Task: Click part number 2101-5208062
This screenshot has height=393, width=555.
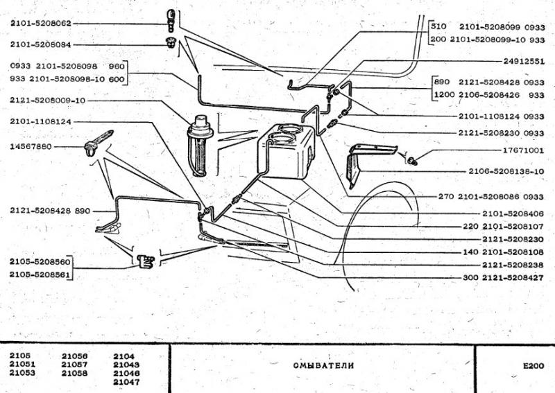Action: click(x=41, y=24)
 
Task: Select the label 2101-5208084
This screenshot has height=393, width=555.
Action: click(x=41, y=44)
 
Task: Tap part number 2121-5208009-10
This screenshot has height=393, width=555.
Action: click(x=48, y=101)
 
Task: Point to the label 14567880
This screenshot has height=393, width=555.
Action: click(x=31, y=146)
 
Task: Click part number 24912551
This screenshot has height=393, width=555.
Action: click(x=524, y=61)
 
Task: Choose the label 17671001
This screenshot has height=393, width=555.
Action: click(x=523, y=150)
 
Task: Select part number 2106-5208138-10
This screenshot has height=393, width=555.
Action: click(x=506, y=171)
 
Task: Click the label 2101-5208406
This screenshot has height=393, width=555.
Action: click(x=513, y=213)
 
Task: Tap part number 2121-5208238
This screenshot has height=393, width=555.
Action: click(x=513, y=265)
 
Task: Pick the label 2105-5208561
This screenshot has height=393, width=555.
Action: click(x=40, y=274)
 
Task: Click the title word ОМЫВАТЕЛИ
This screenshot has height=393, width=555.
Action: click(x=323, y=365)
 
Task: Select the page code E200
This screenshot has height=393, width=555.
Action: click(x=533, y=366)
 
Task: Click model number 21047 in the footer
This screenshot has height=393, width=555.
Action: click(x=126, y=382)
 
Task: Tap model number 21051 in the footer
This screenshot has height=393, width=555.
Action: click(x=22, y=364)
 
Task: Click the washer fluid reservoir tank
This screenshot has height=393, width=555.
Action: click(x=286, y=151)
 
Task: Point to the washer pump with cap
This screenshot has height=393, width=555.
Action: click(x=200, y=145)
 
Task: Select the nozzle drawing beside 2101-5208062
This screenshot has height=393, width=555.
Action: click(x=171, y=21)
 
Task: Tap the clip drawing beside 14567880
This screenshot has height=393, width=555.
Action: click(x=98, y=143)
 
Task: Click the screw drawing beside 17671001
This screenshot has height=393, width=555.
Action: click(x=411, y=160)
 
